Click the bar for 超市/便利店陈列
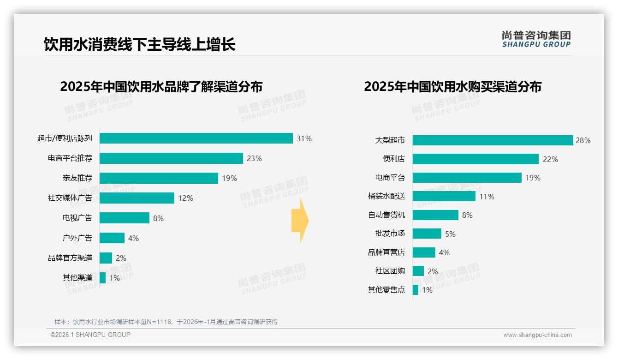coord(196,138)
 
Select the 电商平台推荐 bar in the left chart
coord(171,158)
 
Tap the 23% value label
coord(254,158)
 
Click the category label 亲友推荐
coord(77,178)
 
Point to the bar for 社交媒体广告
coord(137,198)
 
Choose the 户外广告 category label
coord(77,238)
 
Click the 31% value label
coord(304,138)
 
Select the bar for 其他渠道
coord(102,278)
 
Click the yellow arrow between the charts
coord(300,221)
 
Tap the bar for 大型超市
coord(493,140)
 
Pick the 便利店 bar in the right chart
coord(475,159)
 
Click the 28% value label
coord(583,140)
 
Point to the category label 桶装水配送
coord(386,196)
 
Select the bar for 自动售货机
coord(435,215)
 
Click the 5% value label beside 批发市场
coord(450,234)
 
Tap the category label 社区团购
coord(390,271)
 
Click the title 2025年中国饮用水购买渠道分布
coord(452,87)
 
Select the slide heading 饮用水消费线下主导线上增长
coord(140,44)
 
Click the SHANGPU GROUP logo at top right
coord(536,39)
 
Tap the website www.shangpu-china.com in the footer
coord(537,335)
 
